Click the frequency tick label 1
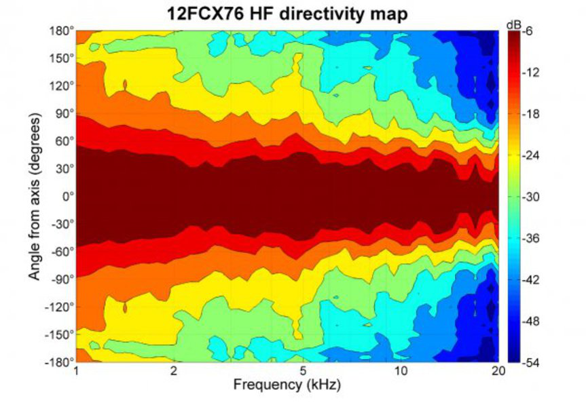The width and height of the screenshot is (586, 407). (76, 372)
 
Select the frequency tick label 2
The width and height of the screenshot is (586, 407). (175, 372)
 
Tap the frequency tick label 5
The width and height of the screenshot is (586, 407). (304, 372)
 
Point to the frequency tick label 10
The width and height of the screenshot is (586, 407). (401, 372)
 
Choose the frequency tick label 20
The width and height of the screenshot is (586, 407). (498, 372)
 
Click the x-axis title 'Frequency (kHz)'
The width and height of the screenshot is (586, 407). (287, 385)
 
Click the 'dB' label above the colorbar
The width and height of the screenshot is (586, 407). (513, 24)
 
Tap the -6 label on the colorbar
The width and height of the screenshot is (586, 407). (529, 31)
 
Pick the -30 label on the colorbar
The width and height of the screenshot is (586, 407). (531, 197)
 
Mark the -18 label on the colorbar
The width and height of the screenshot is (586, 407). (531, 114)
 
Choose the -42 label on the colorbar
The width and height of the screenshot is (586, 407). (531, 279)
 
